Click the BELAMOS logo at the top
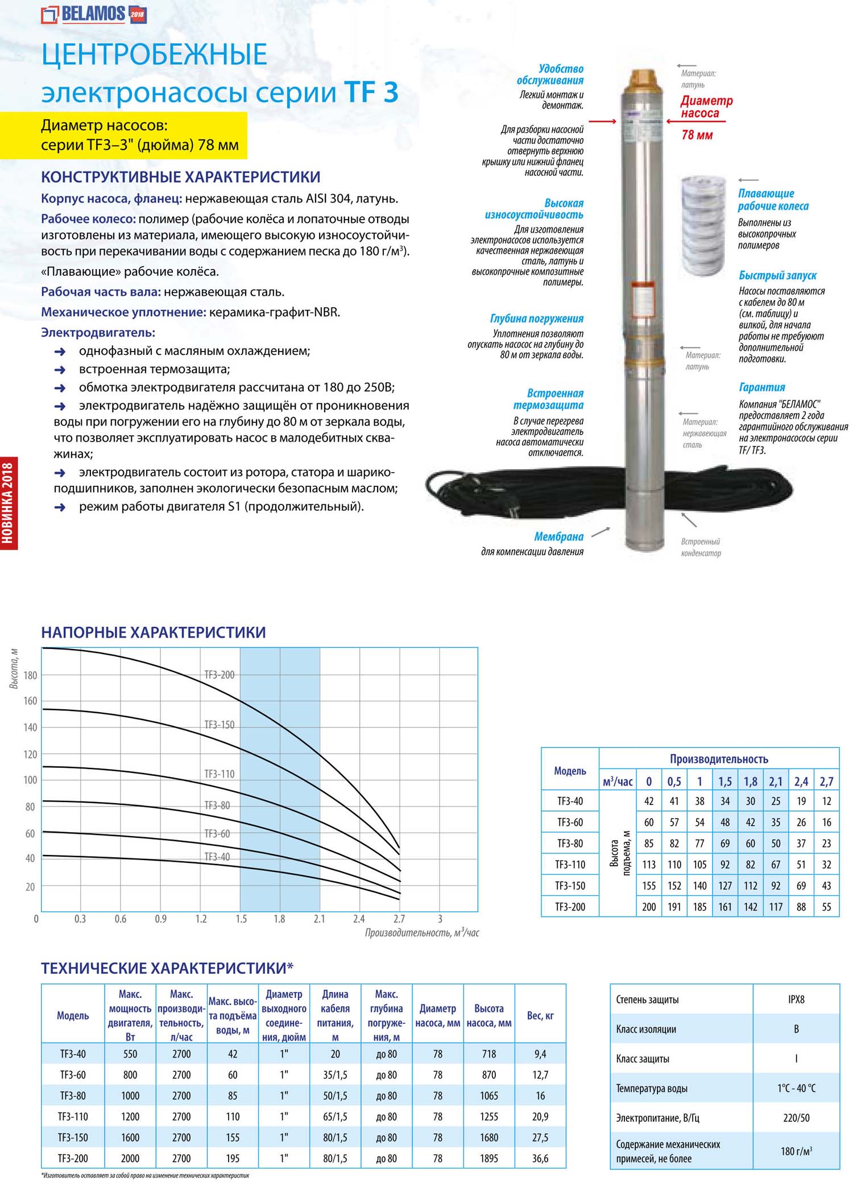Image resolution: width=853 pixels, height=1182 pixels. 94,14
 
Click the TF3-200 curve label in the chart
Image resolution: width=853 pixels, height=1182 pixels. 219,675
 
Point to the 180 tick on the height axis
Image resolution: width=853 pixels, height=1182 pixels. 30,676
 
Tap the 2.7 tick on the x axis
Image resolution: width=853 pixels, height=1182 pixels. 399,919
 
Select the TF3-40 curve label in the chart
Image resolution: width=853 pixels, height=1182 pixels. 217,857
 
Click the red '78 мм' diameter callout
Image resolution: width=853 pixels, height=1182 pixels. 697,135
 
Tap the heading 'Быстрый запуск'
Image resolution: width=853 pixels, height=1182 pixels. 777,276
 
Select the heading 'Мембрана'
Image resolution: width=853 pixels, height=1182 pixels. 558,537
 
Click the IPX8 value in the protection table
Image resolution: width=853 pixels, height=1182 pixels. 796,999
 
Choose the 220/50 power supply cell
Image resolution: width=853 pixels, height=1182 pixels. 796,1118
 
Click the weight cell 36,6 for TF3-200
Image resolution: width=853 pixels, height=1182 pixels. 540,1158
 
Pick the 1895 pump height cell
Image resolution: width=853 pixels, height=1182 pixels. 489,1158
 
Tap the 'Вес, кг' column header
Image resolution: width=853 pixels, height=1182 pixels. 540,1015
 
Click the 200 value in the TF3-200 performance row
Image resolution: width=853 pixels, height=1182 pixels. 649,907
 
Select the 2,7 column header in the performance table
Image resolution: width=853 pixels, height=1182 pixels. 826,782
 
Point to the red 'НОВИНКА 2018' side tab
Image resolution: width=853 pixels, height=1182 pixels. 9,503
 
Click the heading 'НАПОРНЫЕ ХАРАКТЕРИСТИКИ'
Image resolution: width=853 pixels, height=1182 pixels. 154,633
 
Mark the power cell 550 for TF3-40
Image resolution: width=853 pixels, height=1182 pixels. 130,1053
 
